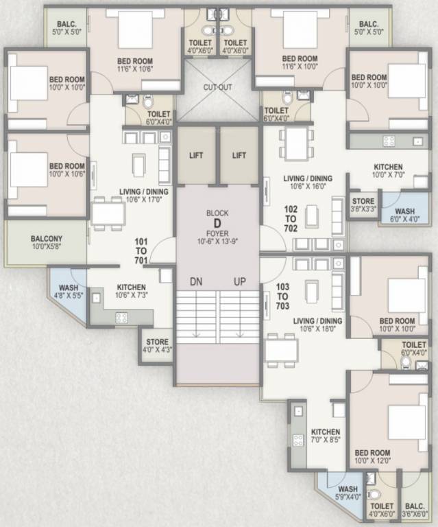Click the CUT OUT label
click(x=217, y=88)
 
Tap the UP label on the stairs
click(x=240, y=282)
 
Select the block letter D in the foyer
click(x=217, y=223)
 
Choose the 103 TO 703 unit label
click(x=282, y=295)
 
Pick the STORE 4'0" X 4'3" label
click(x=157, y=345)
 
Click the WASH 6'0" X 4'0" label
click(x=404, y=215)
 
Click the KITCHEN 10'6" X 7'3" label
click(x=130, y=292)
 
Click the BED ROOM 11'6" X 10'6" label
click(x=134, y=65)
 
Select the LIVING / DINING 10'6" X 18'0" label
click(x=317, y=325)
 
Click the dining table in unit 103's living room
click(x=282, y=351)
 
